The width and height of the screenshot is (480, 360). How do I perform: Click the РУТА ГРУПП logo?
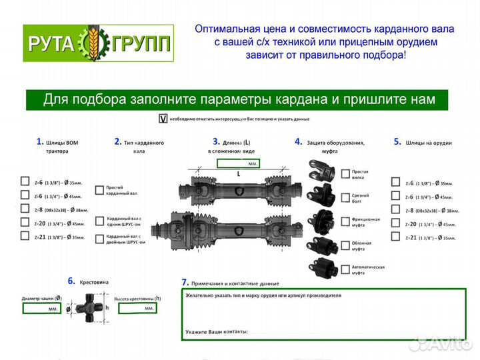(99, 44)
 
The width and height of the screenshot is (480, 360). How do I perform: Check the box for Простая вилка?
(345, 174)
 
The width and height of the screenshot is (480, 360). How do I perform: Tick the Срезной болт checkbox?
(345, 197)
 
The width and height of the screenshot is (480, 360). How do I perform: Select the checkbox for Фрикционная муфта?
(345, 221)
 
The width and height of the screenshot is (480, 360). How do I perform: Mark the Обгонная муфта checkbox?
(345, 246)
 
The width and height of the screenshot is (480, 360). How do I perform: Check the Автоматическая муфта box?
(345, 269)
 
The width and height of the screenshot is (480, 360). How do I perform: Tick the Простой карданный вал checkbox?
(100, 190)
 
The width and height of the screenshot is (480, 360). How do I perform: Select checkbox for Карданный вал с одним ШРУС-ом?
(100, 220)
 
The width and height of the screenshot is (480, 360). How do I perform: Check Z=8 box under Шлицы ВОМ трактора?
(25, 210)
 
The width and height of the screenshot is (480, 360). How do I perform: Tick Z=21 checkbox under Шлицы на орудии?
(395, 237)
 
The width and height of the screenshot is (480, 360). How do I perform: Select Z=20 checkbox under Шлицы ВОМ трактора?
(25, 224)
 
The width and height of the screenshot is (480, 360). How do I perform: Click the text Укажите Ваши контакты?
(217, 331)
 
